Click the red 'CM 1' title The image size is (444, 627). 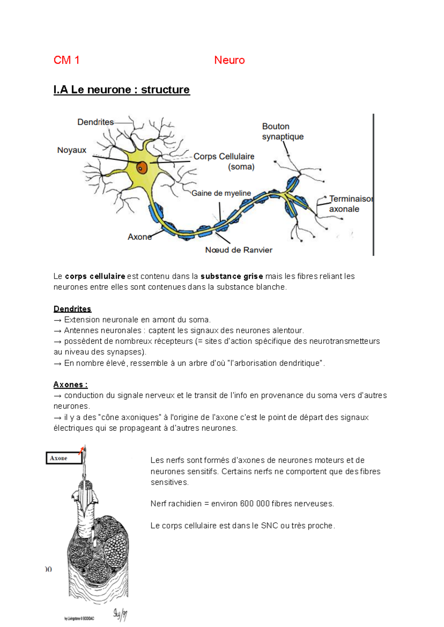pos(66,60)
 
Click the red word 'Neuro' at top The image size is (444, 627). pos(229,60)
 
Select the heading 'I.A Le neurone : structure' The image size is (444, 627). pos(121,90)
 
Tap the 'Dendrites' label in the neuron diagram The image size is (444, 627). pos(95,122)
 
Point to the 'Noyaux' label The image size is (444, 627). pos(71,150)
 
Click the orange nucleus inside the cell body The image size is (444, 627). pos(142,168)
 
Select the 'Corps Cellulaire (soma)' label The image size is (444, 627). pos(224,161)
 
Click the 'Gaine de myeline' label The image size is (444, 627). pos(221,193)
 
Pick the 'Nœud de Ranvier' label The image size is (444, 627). pos(239,250)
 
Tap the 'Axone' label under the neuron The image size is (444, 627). pos(139,237)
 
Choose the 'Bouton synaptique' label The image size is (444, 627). pos(282,132)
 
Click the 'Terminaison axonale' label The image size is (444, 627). pos(350,204)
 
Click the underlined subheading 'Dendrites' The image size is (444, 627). pos(72,309)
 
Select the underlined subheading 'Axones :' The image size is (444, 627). pos(70,385)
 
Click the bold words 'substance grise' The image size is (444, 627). pos(232,276)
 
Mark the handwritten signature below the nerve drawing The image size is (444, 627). pos(120,614)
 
